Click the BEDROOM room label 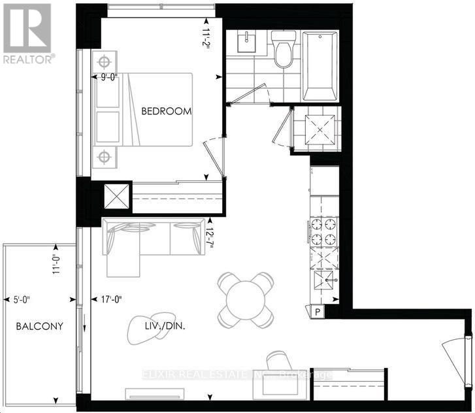tap(167, 111)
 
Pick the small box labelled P tap(318, 312)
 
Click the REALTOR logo tap(27, 33)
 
